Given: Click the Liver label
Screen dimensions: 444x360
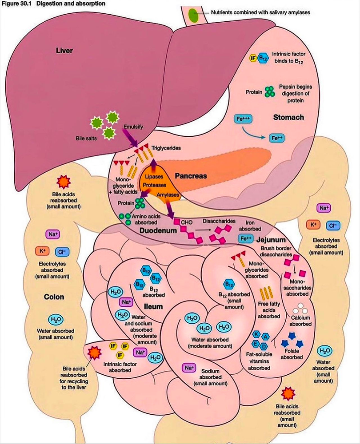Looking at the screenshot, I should coord(64,50).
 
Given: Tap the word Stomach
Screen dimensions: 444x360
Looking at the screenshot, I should coord(288,117).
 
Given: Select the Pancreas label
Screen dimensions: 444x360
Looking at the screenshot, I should coord(191,176).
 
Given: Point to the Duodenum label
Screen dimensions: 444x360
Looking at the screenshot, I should coord(156,231).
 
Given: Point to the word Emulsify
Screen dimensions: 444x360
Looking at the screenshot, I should coord(133,127).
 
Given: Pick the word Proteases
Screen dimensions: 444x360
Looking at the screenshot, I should coord(152,186).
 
